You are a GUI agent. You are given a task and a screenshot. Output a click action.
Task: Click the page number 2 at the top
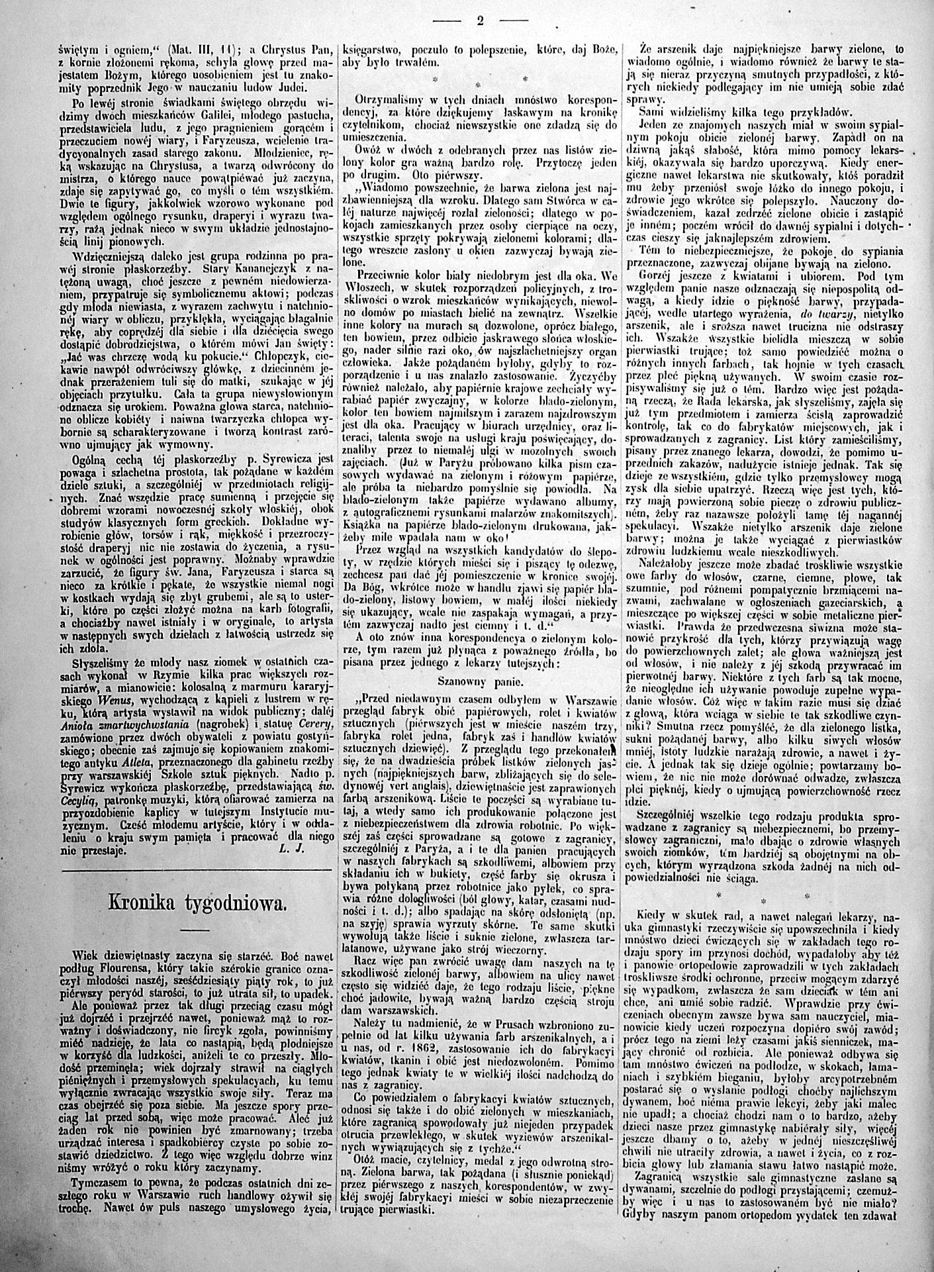click(x=480, y=20)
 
